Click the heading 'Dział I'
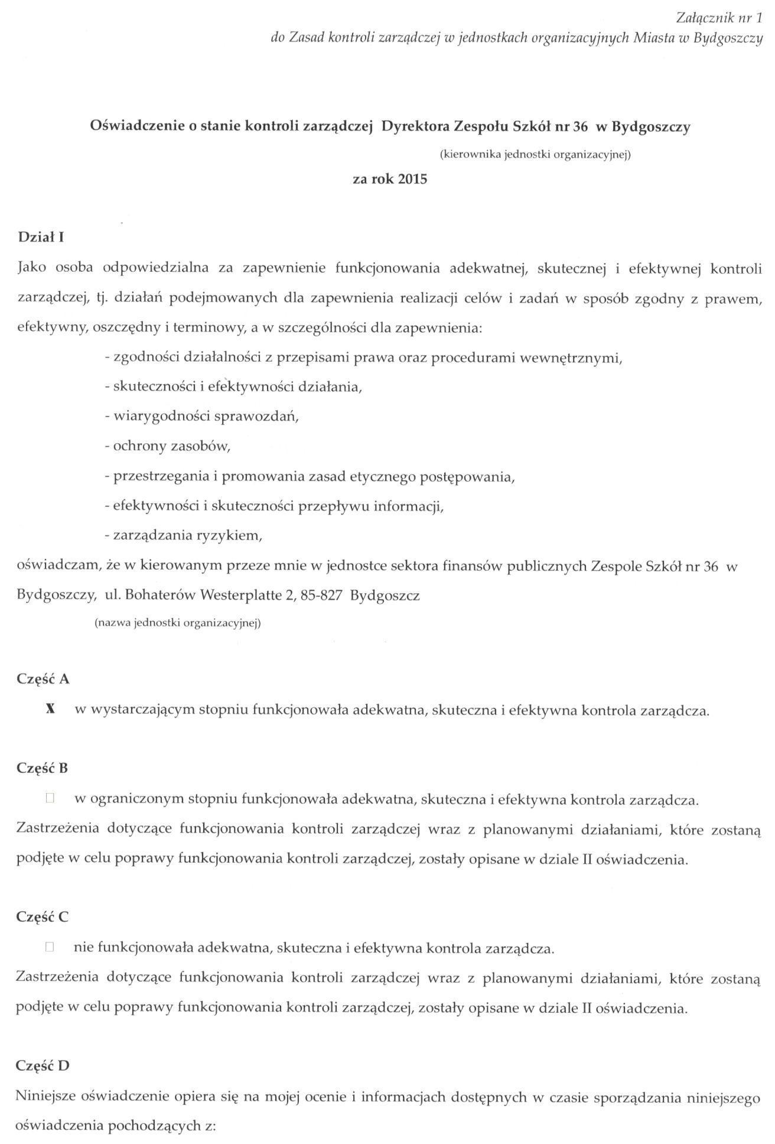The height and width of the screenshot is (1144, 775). pos(41,238)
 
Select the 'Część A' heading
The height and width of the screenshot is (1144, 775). pos(43,679)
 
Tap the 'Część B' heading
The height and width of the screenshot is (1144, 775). pos(43,768)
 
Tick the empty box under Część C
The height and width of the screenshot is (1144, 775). pos(50,948)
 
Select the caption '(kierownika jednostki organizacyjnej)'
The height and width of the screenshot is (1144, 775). pos(536,155)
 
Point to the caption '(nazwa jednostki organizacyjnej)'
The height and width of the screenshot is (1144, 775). pos(178,623)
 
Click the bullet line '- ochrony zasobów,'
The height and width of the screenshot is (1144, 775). pos(167,446)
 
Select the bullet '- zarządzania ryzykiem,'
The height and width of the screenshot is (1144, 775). pos(183,536)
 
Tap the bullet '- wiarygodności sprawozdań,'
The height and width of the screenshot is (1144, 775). pos(201,417)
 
